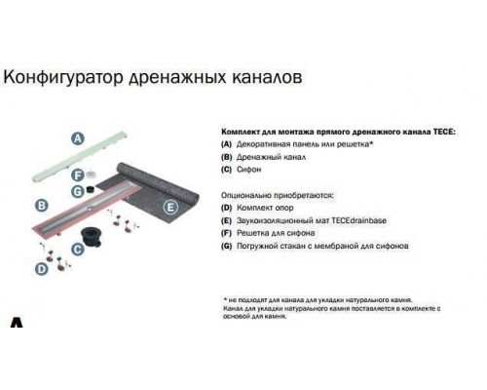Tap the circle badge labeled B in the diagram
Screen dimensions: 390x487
point(42,206)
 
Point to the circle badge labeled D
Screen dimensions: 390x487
point(40,268)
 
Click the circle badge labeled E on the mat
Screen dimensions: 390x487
point(169,206)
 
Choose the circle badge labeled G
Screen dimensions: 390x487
point(75,192)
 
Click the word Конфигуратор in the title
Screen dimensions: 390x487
point(64,75)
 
